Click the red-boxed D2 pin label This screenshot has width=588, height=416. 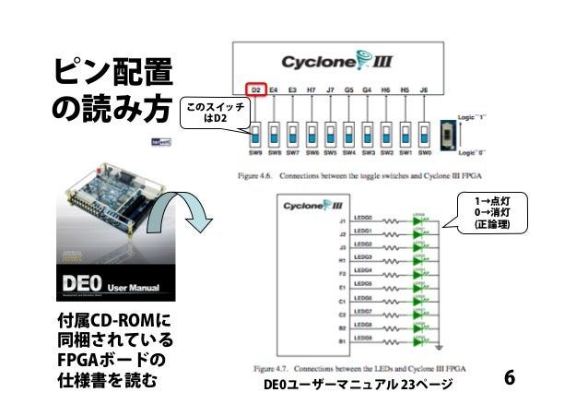[x=257, y=89]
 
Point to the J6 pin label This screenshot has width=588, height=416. [x=425, y=89]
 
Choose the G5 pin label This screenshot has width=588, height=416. [x=349, y=89]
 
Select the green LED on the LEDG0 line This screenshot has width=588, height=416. [x=420, y=220]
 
